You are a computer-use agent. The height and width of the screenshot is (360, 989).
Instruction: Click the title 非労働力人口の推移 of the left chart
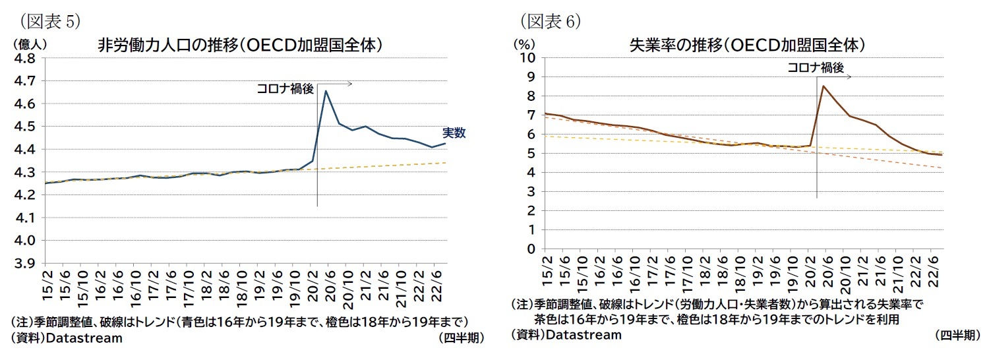[241, 45]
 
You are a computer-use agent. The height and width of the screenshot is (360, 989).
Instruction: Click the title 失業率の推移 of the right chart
[747, 45]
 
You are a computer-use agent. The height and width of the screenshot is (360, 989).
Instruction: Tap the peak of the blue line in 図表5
[326, 91]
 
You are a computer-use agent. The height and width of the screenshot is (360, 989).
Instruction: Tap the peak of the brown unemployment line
[823, 86]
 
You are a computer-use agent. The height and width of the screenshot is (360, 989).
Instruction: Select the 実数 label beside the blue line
[454, 133]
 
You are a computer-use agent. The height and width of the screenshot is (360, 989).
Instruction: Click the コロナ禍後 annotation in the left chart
[285, 89]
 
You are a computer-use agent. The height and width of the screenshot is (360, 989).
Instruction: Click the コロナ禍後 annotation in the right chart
[816, 67]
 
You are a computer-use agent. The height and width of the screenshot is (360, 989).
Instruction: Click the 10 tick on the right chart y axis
[527, 57]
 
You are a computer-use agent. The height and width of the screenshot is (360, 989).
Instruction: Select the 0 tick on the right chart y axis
[530, 249]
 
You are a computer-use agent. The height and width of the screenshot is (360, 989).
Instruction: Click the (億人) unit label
[28, 44]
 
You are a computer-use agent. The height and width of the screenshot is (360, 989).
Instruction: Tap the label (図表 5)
[50, 22]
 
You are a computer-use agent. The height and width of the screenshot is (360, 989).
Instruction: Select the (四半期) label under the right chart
[957, 335]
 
